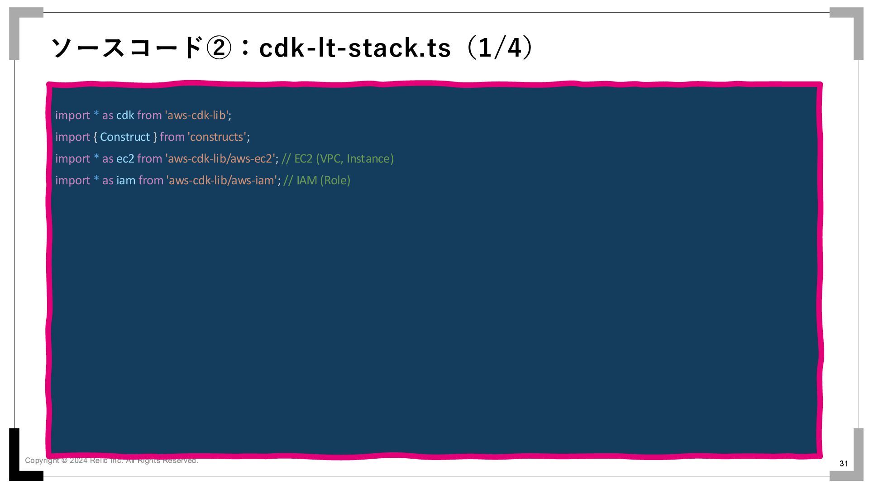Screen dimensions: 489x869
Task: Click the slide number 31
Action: click(844, 463)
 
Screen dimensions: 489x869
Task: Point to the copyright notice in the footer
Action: click(111, 460)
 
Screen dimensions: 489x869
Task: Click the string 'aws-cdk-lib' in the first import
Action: click(197, 115)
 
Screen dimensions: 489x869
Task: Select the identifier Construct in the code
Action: click(125, 137)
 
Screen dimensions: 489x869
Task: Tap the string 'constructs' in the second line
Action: click(217, 137)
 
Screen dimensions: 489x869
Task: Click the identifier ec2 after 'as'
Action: click(125, 159)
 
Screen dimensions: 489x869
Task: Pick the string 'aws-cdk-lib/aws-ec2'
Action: click(220, 159)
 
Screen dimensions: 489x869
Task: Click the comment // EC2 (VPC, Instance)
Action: click(338, 159)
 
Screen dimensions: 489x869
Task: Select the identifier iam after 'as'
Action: click(126, 181)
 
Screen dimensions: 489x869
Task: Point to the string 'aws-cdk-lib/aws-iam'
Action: click(222, 181)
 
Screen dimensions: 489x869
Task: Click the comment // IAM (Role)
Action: click(317, 181)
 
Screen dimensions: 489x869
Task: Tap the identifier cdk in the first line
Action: click(125, 115)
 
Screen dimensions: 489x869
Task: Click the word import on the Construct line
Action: click(72, 137)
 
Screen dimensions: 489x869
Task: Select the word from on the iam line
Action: click(151, 181)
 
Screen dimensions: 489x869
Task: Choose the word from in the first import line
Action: click(149, 115)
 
